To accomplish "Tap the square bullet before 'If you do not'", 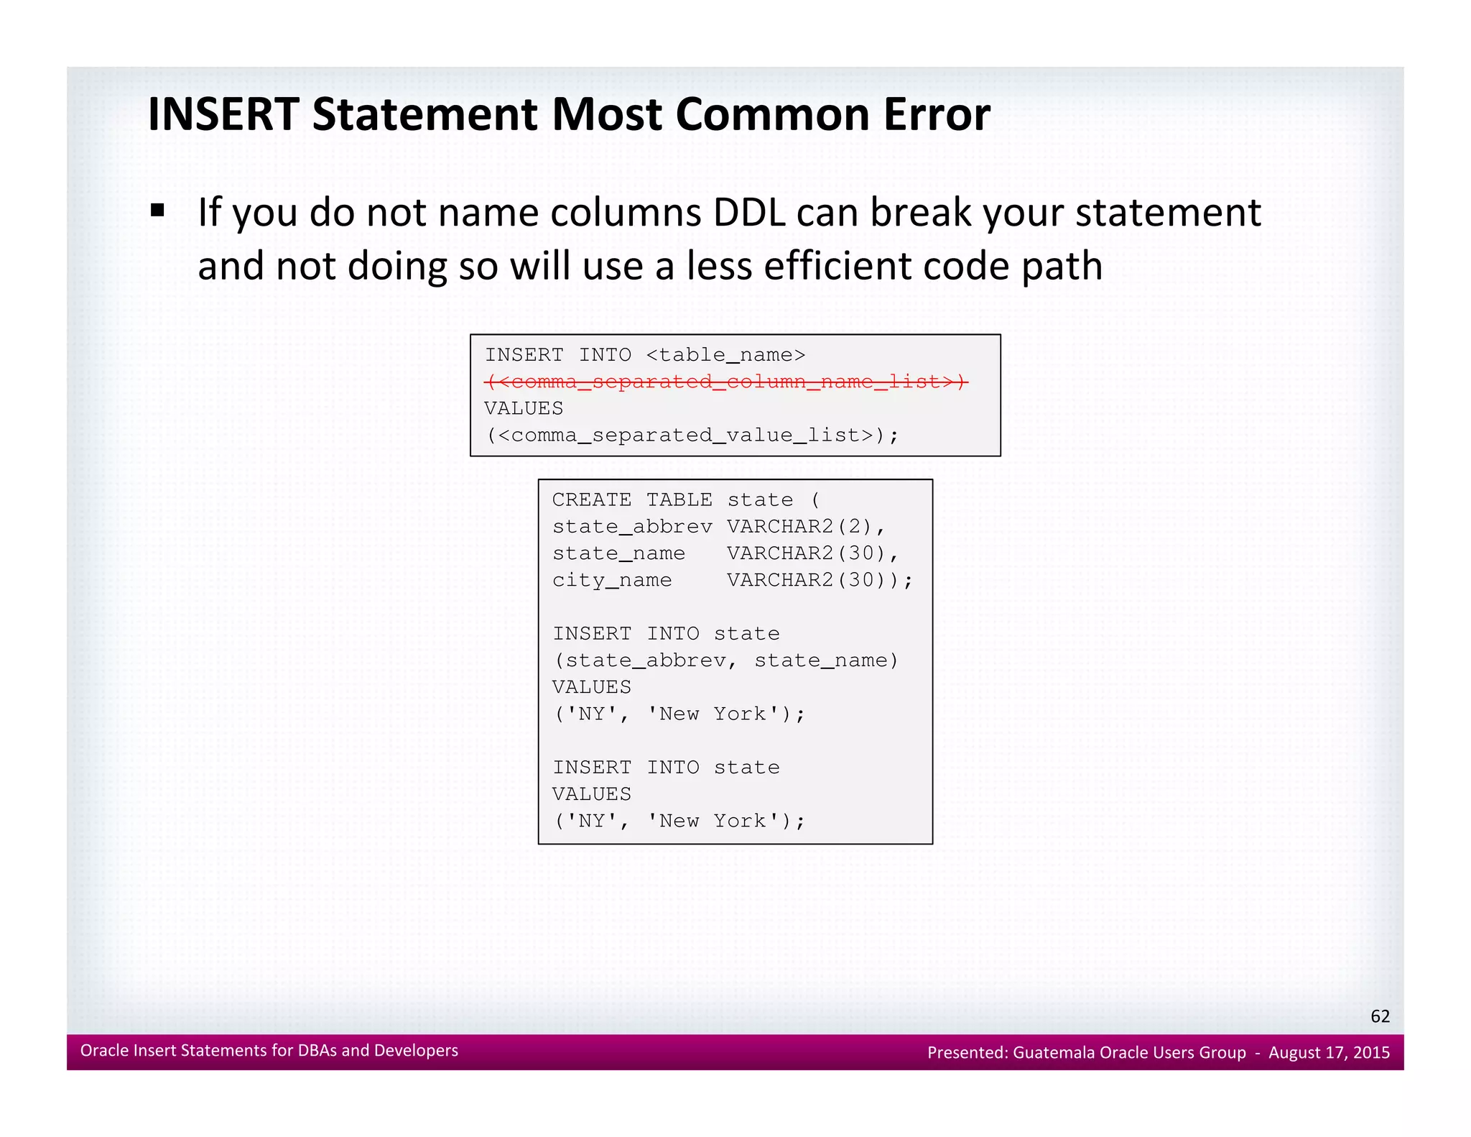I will pyautogui.click(x=158, y=211).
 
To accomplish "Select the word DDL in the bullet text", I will pyautogui.click(x=749, y=213).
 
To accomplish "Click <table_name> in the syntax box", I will pyautogui.click(x=725, y=355).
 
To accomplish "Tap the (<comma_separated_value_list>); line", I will pyautogui.click(x=692, y=436).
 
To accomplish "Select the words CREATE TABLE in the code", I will pyautogui.click(x=632, y=500).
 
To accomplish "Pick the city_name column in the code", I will pyautogui.click(x=612, y=580).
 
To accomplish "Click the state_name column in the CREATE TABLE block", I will pyautogui.click(x=618, y=553).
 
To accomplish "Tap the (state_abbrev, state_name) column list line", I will pyautogui.click(x=725, y=660).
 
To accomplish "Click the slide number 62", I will pyautogui.click(x=1380, y=1016).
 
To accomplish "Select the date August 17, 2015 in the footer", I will pyautogui.click(x=1329, y=1053).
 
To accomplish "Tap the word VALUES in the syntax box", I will pyautogui.click(x=524, y=408).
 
